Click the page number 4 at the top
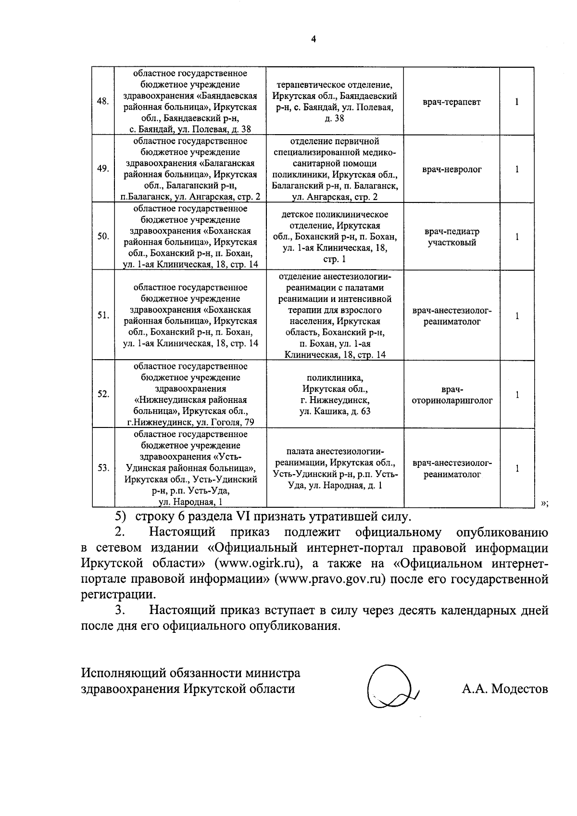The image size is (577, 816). (313, 39)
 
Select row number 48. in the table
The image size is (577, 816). (103, 101)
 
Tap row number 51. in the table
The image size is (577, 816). (103, 315)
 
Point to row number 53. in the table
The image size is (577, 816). (103, 468)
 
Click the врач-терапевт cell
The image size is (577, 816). (452, 102)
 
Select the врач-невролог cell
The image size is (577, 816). (452, 169)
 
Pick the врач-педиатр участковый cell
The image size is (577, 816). (452, 237)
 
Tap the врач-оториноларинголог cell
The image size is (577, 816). (452, 395)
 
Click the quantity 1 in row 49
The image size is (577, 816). (517, 169)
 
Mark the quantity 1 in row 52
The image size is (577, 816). (517, 395)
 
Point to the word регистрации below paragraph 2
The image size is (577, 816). (118, 594)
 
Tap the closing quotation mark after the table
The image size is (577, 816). (545, 503)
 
